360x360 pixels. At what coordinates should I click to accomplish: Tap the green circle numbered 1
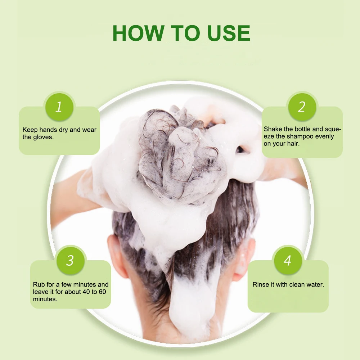(x=58, y=107)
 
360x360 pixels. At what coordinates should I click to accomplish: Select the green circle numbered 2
(x=301, y=107)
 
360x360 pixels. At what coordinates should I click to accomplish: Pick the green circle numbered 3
(x=70, y=260)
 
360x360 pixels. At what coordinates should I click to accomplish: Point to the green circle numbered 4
(x=287, y=260)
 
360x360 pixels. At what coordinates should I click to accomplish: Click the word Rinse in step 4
(x=261, y=285)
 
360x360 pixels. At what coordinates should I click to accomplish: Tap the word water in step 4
(x=315, y=285)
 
